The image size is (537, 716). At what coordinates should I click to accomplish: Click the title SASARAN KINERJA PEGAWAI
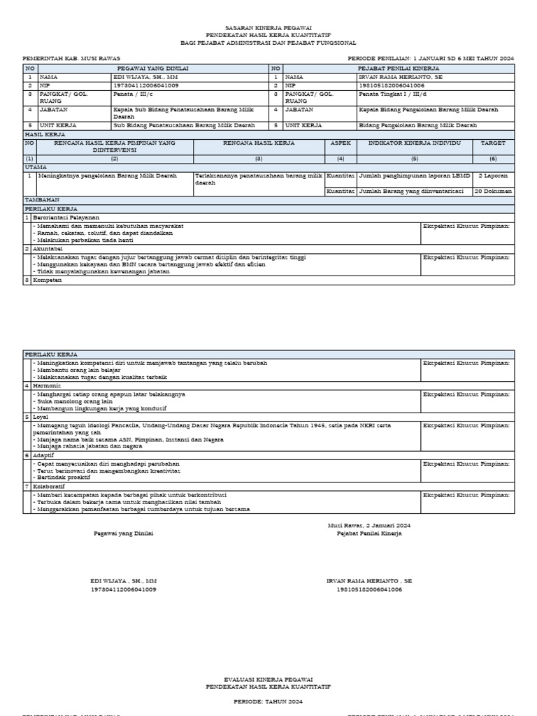pyautogui.click(x=269, y=26)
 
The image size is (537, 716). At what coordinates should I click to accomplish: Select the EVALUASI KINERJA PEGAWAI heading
pyautogui.click(x=269, y=679)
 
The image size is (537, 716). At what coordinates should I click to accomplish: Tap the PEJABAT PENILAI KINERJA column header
pyautogui.click(x=398, y=69)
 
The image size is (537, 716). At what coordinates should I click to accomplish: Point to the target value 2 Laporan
pyautogui.click(x=493, y=176)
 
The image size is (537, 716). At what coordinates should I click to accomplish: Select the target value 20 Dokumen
pyautogui.click(x=494, y=190)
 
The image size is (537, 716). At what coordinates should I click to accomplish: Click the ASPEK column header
pyautogui.click(x=341, y=143)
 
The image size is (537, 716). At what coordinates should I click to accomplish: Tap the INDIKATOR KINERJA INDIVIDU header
pyautogui.click(x=415, y=143)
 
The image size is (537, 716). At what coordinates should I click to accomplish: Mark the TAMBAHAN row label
pyautogui.click(x=42, y=200)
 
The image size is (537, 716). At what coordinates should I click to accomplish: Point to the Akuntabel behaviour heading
pyautogui.click(x=47, y=248)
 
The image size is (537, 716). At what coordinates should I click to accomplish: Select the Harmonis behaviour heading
pyautogui.click(x=47, y=385)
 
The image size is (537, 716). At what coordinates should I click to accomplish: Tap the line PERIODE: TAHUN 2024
pyautogui.click(x=269, y=700)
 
